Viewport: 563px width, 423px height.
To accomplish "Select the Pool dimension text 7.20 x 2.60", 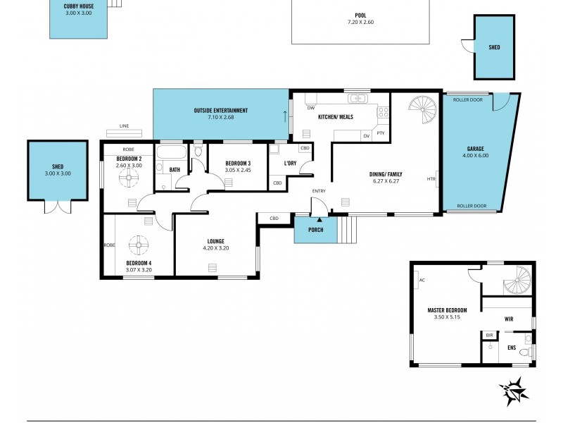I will tap(360, 22).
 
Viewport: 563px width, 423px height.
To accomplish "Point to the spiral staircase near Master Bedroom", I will tap(519, 281).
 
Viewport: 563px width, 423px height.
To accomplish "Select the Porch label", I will tap(315, 231).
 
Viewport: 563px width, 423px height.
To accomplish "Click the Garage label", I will tap(476, 149).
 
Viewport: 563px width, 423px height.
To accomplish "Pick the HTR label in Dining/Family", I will tap(431, 179).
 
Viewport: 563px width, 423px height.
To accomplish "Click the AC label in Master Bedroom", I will tap(422, 280).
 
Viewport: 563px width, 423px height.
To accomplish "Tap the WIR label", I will tap(508, 319).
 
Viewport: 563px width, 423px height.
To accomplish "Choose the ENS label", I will tap(511, 347).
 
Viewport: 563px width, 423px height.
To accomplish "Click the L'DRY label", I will tap(290, 164).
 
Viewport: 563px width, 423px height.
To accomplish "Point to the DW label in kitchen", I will tap(310, 108).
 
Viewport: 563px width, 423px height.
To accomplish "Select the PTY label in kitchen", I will tap(381, 133).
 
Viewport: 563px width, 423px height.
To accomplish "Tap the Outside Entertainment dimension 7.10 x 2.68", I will tap(221, 117).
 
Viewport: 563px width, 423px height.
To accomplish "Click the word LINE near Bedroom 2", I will tap(124, 126).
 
